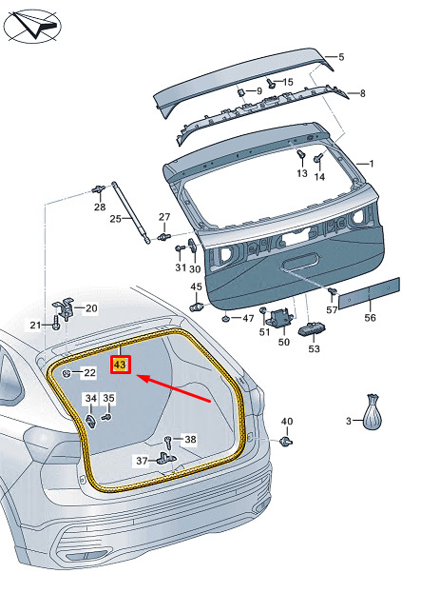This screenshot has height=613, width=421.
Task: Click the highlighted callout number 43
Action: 120,365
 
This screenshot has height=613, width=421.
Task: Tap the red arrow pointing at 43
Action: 175,388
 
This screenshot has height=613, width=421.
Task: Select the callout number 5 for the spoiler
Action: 341,57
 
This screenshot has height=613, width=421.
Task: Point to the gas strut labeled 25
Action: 131,212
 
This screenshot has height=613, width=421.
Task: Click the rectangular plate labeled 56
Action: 369,293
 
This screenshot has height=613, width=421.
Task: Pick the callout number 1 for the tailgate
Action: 371,164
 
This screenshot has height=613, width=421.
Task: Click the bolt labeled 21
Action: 56,324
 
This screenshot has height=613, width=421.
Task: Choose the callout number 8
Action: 363,93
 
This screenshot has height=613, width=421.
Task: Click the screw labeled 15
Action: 272,83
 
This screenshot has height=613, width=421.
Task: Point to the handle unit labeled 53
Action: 313,330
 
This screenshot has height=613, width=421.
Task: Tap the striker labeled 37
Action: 166,458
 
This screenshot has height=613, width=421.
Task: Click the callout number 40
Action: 287,422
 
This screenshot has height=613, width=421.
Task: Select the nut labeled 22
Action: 67,374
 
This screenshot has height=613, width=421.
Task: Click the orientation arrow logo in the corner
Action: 32,27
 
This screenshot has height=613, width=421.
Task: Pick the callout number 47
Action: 249,318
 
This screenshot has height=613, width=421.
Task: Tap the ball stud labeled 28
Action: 98,189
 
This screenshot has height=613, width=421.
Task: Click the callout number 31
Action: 181,267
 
